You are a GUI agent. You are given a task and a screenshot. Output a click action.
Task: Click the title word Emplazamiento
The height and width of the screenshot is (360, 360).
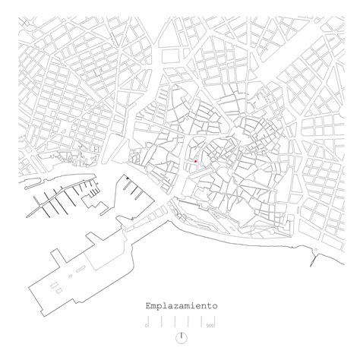[180, 305]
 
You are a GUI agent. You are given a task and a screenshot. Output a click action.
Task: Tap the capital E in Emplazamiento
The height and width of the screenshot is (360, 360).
[149, 305]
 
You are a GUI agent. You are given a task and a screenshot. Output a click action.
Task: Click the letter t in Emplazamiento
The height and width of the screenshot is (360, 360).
[207, 305]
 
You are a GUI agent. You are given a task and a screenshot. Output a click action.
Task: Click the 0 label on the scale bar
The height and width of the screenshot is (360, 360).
[146, 325]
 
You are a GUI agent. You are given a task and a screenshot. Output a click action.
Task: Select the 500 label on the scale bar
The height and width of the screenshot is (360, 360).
[210, 325]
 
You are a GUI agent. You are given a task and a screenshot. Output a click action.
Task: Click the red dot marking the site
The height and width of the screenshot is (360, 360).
[195, 161]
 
